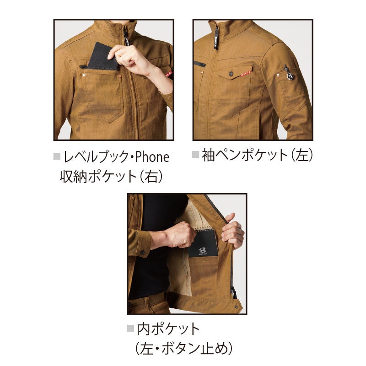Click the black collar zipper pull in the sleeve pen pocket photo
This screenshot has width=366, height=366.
point(216,38)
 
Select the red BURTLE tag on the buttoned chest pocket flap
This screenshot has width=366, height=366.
point(246,74)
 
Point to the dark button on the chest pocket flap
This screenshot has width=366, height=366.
point(231,74)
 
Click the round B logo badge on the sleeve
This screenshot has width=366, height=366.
point(291,76)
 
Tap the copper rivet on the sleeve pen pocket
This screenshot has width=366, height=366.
point(278,75)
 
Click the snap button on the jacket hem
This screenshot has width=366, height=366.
point(237,307)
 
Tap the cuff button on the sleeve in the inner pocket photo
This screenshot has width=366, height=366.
point(142,252)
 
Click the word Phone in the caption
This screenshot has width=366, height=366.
point(152,156)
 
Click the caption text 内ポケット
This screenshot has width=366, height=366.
point(168,328)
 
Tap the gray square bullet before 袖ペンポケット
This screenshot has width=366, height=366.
point(195,155)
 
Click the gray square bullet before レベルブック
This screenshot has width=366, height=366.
point(57,156)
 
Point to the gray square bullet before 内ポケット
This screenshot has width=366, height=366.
point(130,328)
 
